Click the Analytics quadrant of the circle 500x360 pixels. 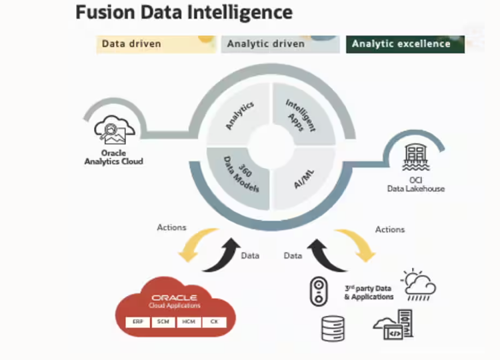coord(239,115)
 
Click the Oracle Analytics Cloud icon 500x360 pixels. coord(114,129)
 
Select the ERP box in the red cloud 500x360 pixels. coord(137,322)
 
